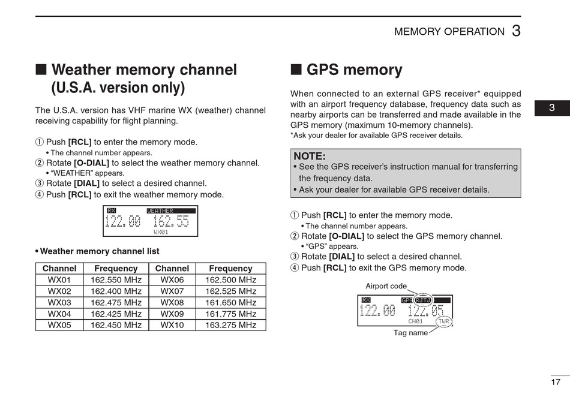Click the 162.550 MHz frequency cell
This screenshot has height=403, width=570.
[116, 280]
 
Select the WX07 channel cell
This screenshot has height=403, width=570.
[172, 291]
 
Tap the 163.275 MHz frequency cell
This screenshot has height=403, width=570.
[230, 326]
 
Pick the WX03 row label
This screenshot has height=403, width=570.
[59, 303]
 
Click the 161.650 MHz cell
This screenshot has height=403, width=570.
[230, 303]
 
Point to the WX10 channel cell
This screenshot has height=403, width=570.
[172, 326]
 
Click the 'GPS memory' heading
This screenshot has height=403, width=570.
[354, 70]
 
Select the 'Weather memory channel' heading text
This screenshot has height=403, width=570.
[144, 70]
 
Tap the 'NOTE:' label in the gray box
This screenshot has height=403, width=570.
[310, 157]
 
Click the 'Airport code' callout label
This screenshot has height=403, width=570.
[386, 286]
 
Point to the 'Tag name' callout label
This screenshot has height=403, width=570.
[410, 333]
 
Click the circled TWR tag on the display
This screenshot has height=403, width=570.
[443, 321]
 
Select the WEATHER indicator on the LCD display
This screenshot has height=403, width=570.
[160, 211]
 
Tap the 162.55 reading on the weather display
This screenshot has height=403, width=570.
[171, 221]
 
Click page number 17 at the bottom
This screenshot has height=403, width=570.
[556, 382]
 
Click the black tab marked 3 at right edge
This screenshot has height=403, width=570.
[552, 109]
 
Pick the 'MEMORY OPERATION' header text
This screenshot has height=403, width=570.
[449, 32]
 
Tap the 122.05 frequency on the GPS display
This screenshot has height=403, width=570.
[426, 311]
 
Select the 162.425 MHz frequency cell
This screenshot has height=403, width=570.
[116, 314]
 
